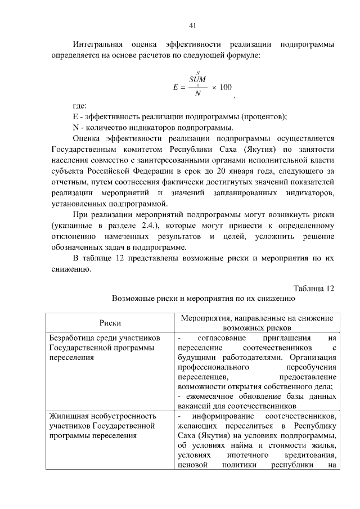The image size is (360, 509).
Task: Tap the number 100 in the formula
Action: (226, 87)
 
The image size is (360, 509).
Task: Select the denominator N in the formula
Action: (197, 94)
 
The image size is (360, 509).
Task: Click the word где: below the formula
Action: (79, 106)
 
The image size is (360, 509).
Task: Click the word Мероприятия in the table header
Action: (205, 318)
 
